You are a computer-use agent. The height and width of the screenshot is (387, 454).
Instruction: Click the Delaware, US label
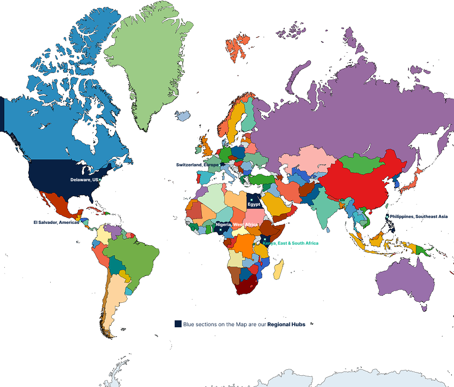[84, 180]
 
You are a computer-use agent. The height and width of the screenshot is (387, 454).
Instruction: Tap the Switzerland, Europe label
[197, 165]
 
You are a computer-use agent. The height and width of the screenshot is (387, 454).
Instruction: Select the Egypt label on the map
[254, 204]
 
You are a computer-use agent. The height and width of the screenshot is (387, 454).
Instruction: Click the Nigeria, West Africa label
[237, 224]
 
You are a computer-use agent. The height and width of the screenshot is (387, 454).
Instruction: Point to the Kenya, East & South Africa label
[291, 243]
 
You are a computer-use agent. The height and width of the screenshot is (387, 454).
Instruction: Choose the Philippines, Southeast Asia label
[418, 216]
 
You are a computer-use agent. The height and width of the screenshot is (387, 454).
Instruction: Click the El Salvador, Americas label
[56, 222]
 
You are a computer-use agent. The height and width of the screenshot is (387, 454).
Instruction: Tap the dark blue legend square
[178, 324]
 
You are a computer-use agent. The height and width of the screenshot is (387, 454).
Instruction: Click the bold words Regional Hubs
[286, 324]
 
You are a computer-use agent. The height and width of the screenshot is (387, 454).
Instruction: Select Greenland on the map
[147, 64]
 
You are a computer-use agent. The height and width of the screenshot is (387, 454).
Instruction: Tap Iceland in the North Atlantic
[183, 116]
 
